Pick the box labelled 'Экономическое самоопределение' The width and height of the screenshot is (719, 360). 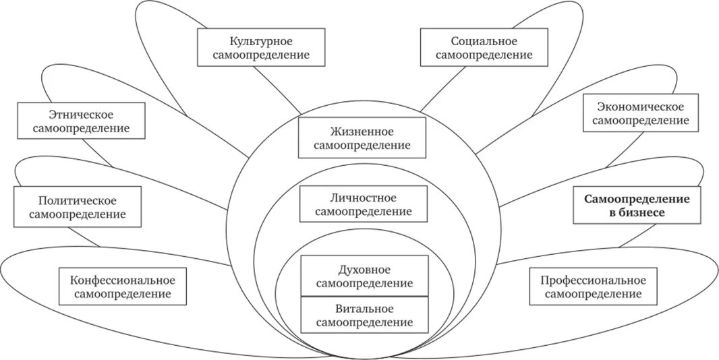click(x=640, y=113)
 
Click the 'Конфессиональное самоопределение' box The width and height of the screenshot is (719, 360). click(x=122, y=286)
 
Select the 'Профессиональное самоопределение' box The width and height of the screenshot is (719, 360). click(x=593, y=287)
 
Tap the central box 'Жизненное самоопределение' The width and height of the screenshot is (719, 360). click(x=362, y=138)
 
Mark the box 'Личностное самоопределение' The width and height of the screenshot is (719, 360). click(x=364, y=204)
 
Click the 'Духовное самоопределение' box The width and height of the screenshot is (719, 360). click(x=364, y=276)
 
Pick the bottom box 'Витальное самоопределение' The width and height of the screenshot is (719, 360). click(x=364, y=315)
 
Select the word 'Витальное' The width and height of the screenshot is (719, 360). click(x=364, y=308)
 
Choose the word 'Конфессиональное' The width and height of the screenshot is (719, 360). click(x=122, y=279)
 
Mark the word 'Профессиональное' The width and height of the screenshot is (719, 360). click(x=593, y=280)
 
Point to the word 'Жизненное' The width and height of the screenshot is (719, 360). click(x=362, y=131)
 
